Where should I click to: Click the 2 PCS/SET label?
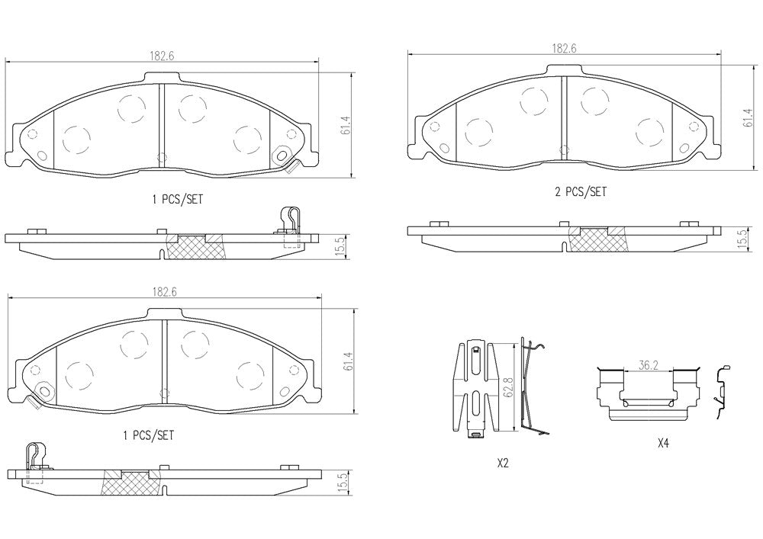pyautogui.click(x=581, y=192)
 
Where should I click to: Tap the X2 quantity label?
pyautogui.click(x=503, y=464)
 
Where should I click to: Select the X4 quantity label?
pyautogui.click(x=663, y=443)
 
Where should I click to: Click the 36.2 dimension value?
pyautogui.click(x=648, y=365)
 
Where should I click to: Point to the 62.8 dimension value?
pyautogui.click(x=508, y=387)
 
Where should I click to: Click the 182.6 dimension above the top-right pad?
pyautogui.click(x=564, y=49)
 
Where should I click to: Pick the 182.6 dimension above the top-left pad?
pyautogui.click(x=162, y=56)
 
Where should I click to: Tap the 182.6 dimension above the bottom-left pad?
pyautogui.click(x=165, y=292)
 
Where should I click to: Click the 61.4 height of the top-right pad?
pyautogui.click(x=748, y=118)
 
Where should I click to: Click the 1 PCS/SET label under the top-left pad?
pyautogui.click(x=177, y=199)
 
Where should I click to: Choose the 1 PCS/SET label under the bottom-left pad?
pyautogui.click(x=148, y=435)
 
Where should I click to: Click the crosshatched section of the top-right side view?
pyautogui.click(x=597, y=239)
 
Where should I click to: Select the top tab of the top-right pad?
pyautogui.click(x=564, y=70)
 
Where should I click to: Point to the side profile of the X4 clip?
pyautogui.click(x=721, y=391)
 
